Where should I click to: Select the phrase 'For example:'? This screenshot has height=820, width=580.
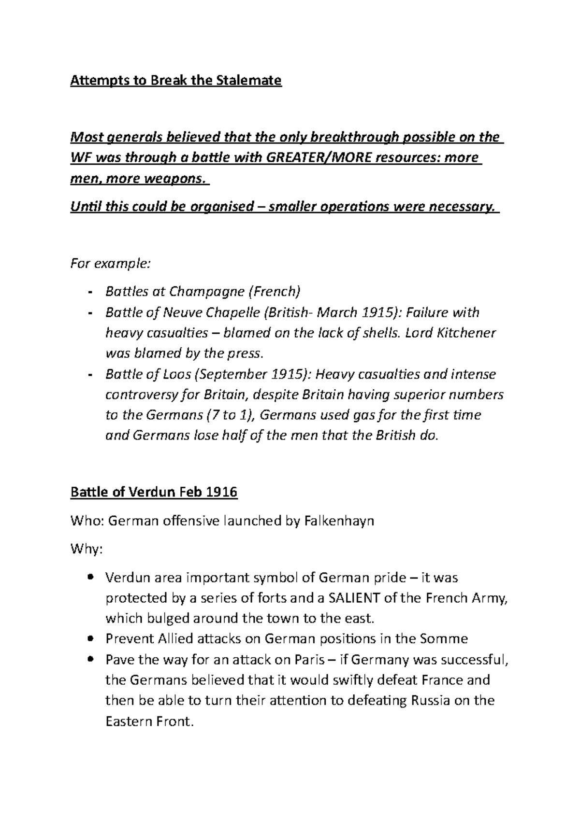[x=111, y=264]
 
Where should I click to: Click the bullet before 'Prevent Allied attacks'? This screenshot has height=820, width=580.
[x=91, y=639]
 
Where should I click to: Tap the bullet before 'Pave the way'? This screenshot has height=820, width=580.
[x=91, y=660]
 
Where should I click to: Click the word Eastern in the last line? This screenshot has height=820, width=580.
[x=129, y=721]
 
